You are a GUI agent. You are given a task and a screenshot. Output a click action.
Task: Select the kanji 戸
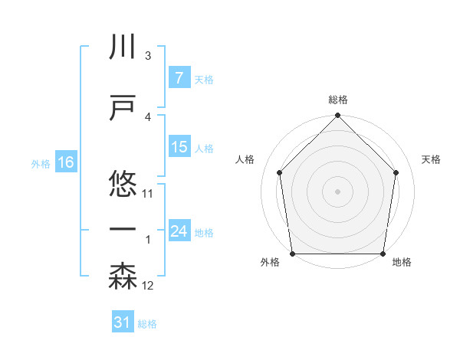tap(123, 107)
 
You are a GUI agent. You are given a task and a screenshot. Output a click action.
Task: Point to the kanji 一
tap(123, 228)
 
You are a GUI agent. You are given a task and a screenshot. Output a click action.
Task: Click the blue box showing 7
tap(179, 78)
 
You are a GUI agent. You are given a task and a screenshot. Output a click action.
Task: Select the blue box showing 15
tap(179, 147)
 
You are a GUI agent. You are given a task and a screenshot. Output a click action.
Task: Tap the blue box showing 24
tap(179, 231)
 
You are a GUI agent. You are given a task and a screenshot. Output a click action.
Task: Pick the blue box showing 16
tap(65, 162)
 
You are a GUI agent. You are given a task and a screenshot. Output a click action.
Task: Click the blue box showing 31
tap(123, 323)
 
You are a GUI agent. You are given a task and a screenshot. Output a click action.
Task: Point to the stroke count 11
tap(148, 193)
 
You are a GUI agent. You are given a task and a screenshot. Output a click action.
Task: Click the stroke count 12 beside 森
tap(148, 286)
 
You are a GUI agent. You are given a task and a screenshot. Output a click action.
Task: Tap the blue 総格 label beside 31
tap(148, 324)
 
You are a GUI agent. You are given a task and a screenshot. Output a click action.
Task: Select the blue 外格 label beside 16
tap(41, 163)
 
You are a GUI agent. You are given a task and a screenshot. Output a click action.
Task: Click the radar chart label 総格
tap(337, 100)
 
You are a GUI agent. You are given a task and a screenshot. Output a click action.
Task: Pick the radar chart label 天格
tap(432, 159)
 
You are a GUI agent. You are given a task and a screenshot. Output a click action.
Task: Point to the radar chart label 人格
tap(245, 159)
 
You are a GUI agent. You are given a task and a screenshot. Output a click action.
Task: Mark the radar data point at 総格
tap(337, 116)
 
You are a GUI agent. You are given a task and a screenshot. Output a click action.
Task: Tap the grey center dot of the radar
tap(337, 191)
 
